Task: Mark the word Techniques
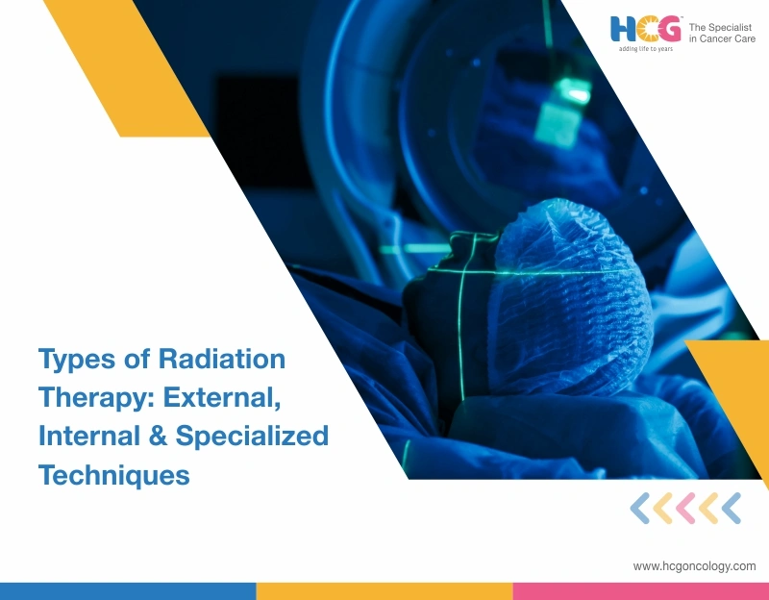(113, 473)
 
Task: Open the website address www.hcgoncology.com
(694, 566)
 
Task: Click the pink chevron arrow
(685, 508)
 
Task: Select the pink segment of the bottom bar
(640, 591)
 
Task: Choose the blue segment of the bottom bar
(127, 591)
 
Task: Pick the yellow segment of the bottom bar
(384, 591)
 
